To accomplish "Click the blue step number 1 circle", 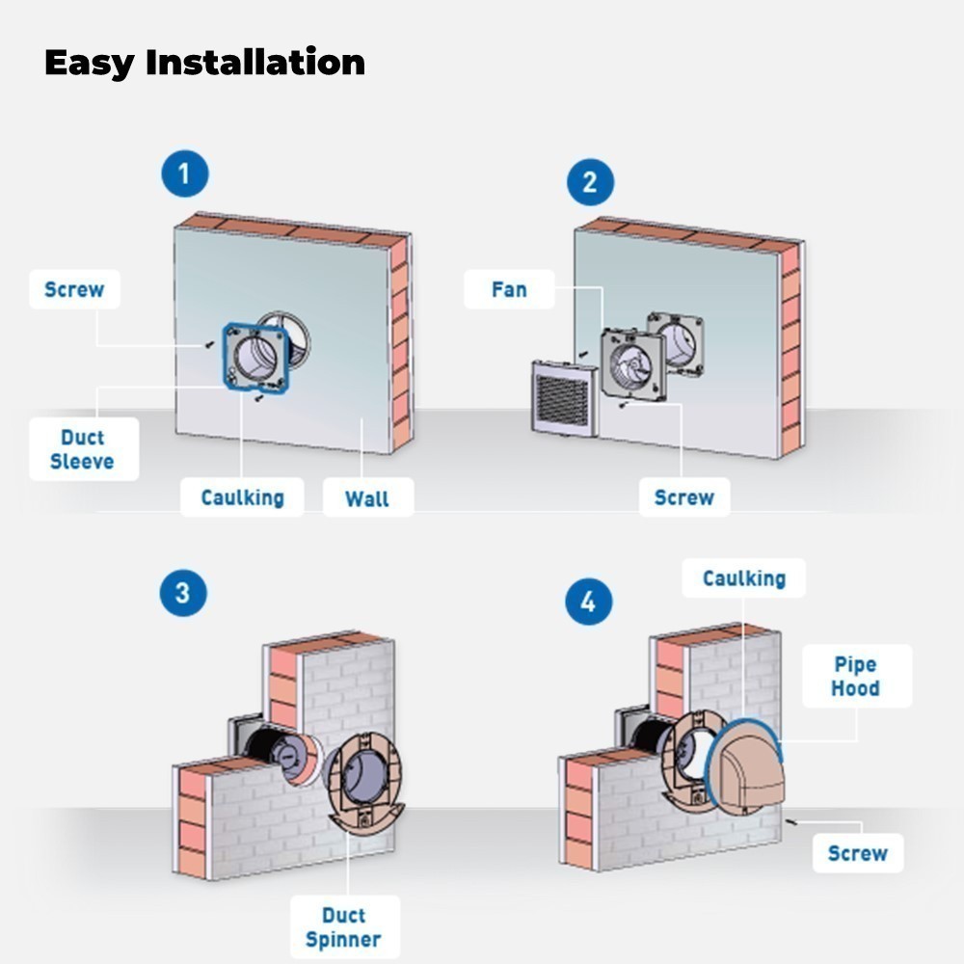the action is click(185, 174).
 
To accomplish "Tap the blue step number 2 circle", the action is click(590, 182).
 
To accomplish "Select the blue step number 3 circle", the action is click(183, 593).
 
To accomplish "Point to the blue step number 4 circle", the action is click(589, 602).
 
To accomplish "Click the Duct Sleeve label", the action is click(84, 449).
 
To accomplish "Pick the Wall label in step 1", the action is click(367, 498).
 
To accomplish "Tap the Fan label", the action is click(509, 289).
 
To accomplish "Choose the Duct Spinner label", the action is click(344, 927).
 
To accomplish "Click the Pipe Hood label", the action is click(856, 676).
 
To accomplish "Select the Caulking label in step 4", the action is click(744, 577).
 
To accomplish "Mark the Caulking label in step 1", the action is click(242, 497).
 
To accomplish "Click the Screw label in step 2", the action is click(684, 496).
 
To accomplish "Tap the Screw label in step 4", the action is click(858, 853).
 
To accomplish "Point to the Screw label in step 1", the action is click(74, 289).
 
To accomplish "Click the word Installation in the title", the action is click(255, 63).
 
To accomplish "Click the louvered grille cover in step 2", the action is click(564, 398).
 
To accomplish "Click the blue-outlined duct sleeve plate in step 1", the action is click(255, 358).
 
